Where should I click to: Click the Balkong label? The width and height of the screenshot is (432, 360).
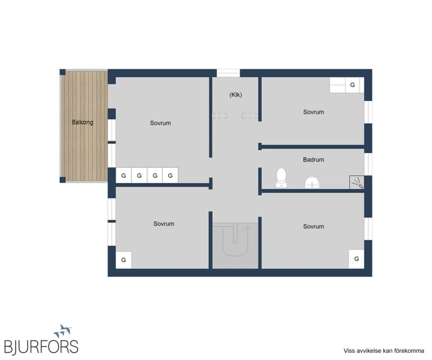coord(82,122)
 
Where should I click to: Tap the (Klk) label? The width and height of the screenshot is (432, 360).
coord(236,94)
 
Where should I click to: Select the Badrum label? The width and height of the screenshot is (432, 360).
coord(313,160)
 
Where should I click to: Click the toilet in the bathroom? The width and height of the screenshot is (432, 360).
coord(281,178)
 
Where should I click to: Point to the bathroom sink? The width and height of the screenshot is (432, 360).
coord(312,182)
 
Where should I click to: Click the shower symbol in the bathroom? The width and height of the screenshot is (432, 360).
coord(357,182)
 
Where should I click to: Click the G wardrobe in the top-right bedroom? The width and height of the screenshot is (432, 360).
coord(352,85)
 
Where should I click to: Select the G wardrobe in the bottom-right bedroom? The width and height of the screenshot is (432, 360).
coord(356,259)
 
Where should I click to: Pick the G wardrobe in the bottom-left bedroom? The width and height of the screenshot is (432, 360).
coord(123,260)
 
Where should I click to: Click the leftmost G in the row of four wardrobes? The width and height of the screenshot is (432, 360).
coord(123,175)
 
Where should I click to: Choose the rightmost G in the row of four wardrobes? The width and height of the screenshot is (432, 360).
coord(170,175)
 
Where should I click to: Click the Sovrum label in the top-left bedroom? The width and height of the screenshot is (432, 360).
coord(160,123)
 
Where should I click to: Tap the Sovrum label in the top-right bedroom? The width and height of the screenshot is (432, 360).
coord(313,112)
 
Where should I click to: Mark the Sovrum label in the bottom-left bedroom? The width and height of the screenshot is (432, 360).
coord(164,224)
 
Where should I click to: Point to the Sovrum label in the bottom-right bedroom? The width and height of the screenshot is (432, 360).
coord(313,227)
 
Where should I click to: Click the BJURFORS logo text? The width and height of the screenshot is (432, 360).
coord(41,346)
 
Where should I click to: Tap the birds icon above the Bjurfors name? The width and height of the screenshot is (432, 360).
coord(63,331)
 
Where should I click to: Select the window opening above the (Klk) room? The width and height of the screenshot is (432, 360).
coord(228,73)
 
